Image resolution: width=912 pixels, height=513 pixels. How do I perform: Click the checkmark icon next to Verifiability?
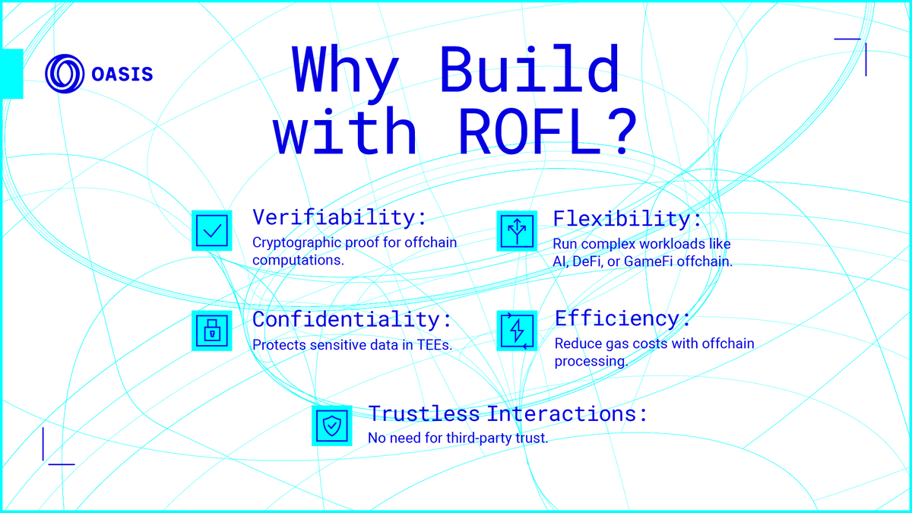pos(211,230)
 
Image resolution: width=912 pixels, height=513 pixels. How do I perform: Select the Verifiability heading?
pos(340,217)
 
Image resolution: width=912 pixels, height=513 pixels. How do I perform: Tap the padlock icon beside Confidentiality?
pos(211,330)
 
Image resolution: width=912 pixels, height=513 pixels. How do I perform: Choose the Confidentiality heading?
pos(352,319)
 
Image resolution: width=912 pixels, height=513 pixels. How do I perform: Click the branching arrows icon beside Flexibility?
pos(517,230)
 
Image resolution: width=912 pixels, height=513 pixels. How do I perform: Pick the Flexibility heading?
pos(628,219)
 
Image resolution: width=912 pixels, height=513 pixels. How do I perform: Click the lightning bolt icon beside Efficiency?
pos(517,330)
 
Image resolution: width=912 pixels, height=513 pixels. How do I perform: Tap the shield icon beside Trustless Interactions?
pos(331,426)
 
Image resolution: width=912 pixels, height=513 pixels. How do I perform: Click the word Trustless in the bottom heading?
pos(424,414)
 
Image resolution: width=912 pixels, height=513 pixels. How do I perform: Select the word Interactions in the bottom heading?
pos(567,414)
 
